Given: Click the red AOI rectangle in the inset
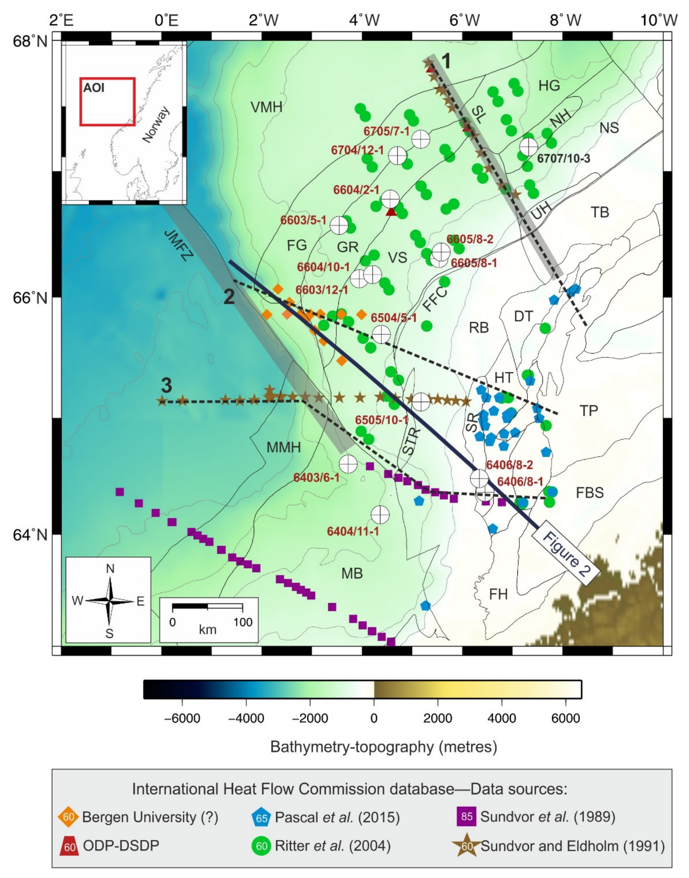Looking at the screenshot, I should click(x=107, y=102).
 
